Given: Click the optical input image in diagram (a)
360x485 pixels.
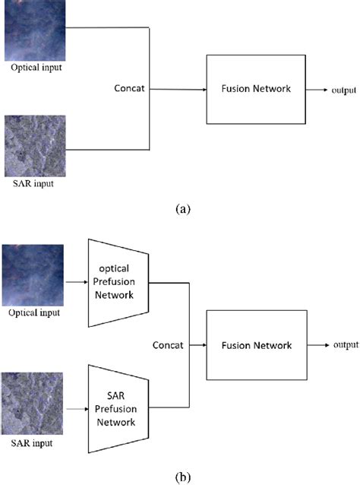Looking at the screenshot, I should click(32, 31).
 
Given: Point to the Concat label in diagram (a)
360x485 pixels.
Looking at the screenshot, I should click(131, 89).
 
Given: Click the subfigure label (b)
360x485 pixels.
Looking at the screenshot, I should click(180, 477).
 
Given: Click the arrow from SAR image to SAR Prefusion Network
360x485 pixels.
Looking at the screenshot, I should click(75, 410).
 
